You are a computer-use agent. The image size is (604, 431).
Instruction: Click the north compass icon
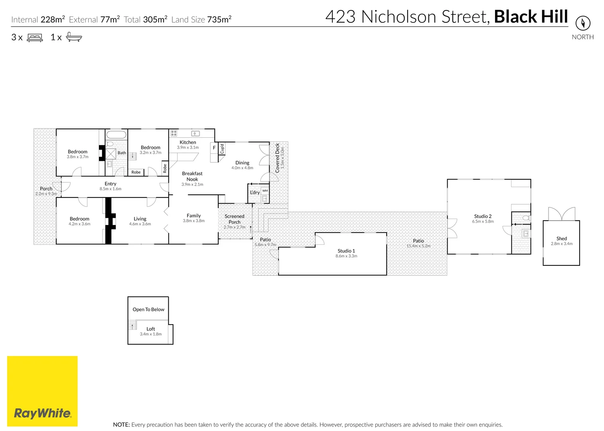(x=582, y=23)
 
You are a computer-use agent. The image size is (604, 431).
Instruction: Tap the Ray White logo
(x=42, y=391)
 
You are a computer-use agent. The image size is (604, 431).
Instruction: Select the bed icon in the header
(x=35, y=38)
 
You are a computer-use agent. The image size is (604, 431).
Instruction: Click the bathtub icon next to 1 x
(x=74, y=38)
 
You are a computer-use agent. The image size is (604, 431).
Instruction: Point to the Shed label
(x=561, y=238)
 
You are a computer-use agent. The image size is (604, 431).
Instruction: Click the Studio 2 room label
(x=483, y=216)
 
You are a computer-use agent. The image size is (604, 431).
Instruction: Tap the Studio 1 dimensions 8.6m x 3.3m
(x=346, y=256)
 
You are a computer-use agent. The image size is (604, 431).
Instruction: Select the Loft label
(x=150, y=329)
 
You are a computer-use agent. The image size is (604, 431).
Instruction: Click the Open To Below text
(x=148, y=309)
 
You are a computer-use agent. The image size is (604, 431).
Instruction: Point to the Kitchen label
(x=188, y=142)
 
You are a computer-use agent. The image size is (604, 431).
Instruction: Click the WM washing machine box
(x=265, y=191)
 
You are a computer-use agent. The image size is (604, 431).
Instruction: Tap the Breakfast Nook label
(x=192, y=176)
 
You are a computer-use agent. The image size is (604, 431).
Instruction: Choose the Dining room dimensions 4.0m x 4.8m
(x=242, y=168)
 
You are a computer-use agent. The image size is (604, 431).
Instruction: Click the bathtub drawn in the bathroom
(x=116, y=134)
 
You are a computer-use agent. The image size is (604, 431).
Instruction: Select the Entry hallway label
(x=111, y=184)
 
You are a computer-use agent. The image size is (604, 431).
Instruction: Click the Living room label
(x=140, y=219)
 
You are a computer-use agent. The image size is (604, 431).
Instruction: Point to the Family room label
(x=193, y=215)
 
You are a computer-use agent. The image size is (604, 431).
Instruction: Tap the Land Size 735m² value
(x=219, y=20)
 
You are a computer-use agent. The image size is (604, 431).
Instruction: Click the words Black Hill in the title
(x=531, y=17)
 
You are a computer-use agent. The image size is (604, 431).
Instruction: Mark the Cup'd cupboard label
(x=222, y=148)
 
